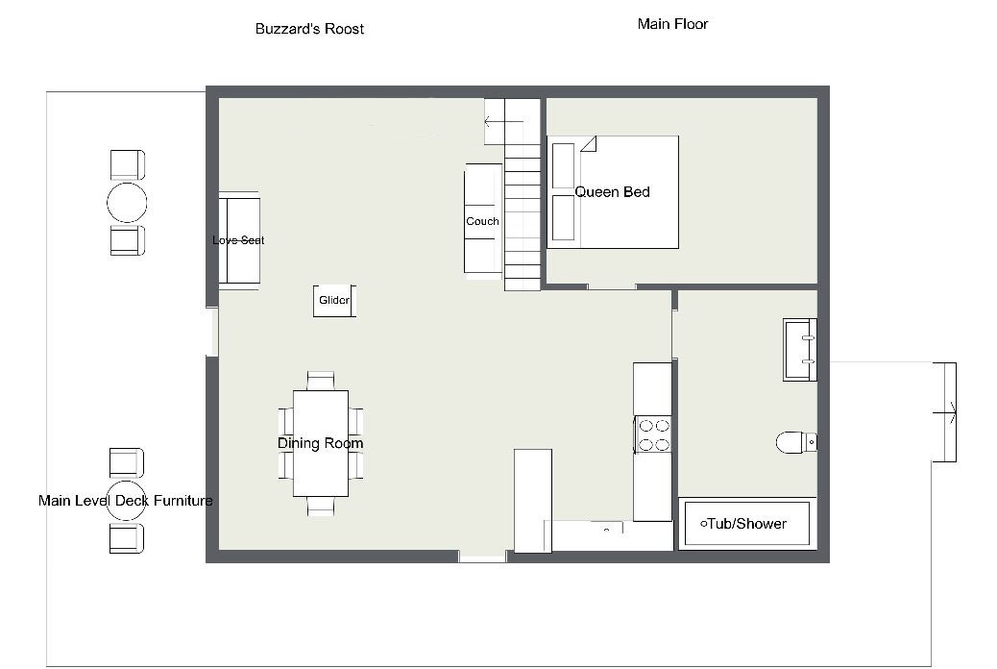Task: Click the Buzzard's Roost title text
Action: pyautogui.click(x=309, y=29)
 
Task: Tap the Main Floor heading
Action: pyautogui.click(x=672, y=24)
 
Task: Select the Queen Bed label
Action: pyautogui.click(x=612, y=191)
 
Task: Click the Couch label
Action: pyautogui.click(x=482, y=221)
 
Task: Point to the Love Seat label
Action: pyautogui.click(x=238, y=240)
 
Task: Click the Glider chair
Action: pyautogui.click(x=334, y=301)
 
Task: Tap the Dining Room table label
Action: pyautogui.click(x=321, y=443)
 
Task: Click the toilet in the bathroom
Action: pyautogui.click(x=796, y=442)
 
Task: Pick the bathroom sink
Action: pyautogui.click(x=800, y=350)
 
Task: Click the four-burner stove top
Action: pyautogui.click(x=653, y=434)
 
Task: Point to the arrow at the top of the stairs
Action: pyautogui.click(x=503, y=121)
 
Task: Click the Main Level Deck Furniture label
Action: pyautogui.click(x=125, y=501)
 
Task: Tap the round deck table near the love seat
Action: pyautogui.click(x=127, y=203)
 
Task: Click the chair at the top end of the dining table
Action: pyautogui.click(x=321, y=381)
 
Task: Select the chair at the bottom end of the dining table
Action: pyautogui.click(x=321, y=506)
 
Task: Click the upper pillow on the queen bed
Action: pyautogui.click(x=564, y=165)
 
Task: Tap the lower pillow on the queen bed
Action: pyautogui.click(x=564, y=217)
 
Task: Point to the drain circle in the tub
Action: pyautogui.click(x=703, y=525)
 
